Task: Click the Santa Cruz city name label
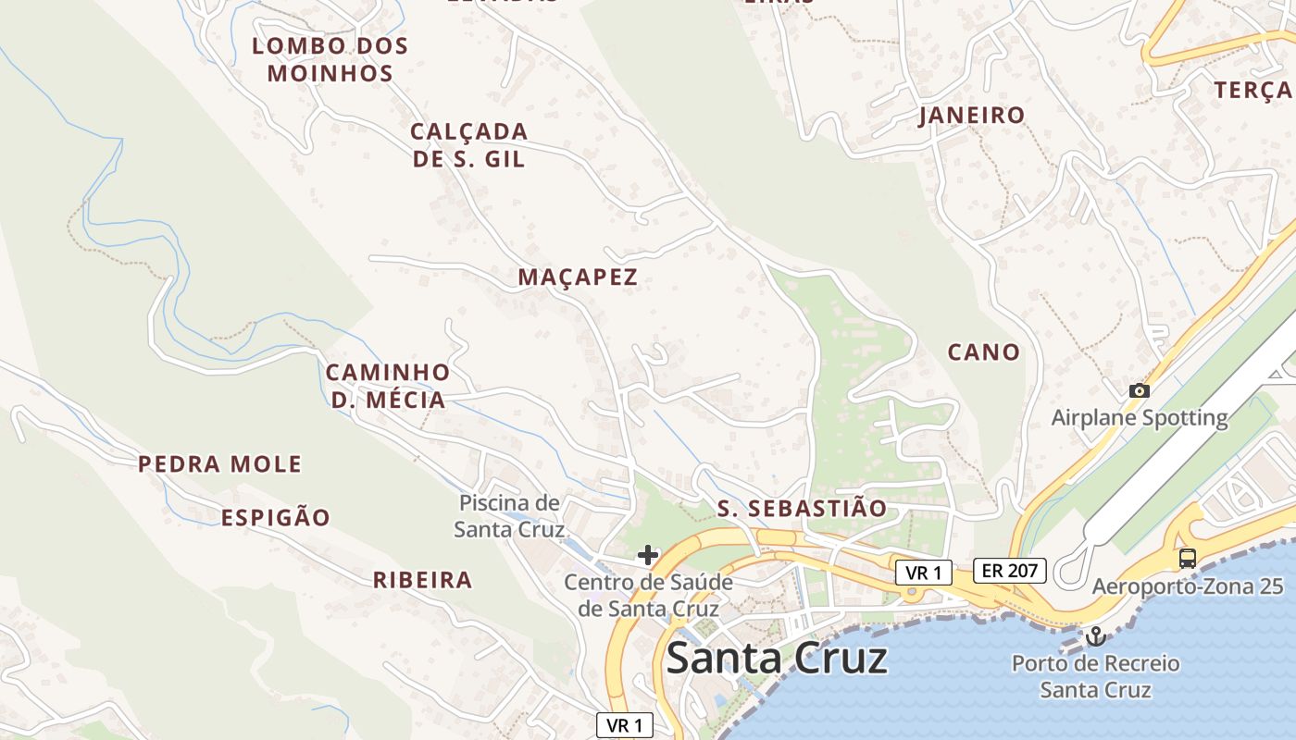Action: click(777, 659)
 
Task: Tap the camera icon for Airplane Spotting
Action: click(1140, 391)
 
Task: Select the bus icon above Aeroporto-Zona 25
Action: click(1188, 558)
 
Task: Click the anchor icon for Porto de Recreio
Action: click(1096, 636)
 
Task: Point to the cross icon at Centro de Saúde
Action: click(648, 555)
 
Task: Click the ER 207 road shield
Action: click(1009, 572)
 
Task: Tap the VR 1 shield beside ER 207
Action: click(924, 573)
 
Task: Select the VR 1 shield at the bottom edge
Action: click(625, 725)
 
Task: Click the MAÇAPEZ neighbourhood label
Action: click(578, 277)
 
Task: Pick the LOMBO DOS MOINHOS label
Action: click(330, 59)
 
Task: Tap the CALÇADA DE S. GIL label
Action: click(469, 145)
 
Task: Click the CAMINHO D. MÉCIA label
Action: click(388, 386)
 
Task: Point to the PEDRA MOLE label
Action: click(220, 464)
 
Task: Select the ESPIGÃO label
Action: click(276, 518)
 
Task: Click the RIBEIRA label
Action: click(422, 581)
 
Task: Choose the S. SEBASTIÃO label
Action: click(802, 509)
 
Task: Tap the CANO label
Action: click(983, 352)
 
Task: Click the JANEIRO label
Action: click(971, 116)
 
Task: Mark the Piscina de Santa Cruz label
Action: click(509, 516)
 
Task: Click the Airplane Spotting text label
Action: click(1140, 418)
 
